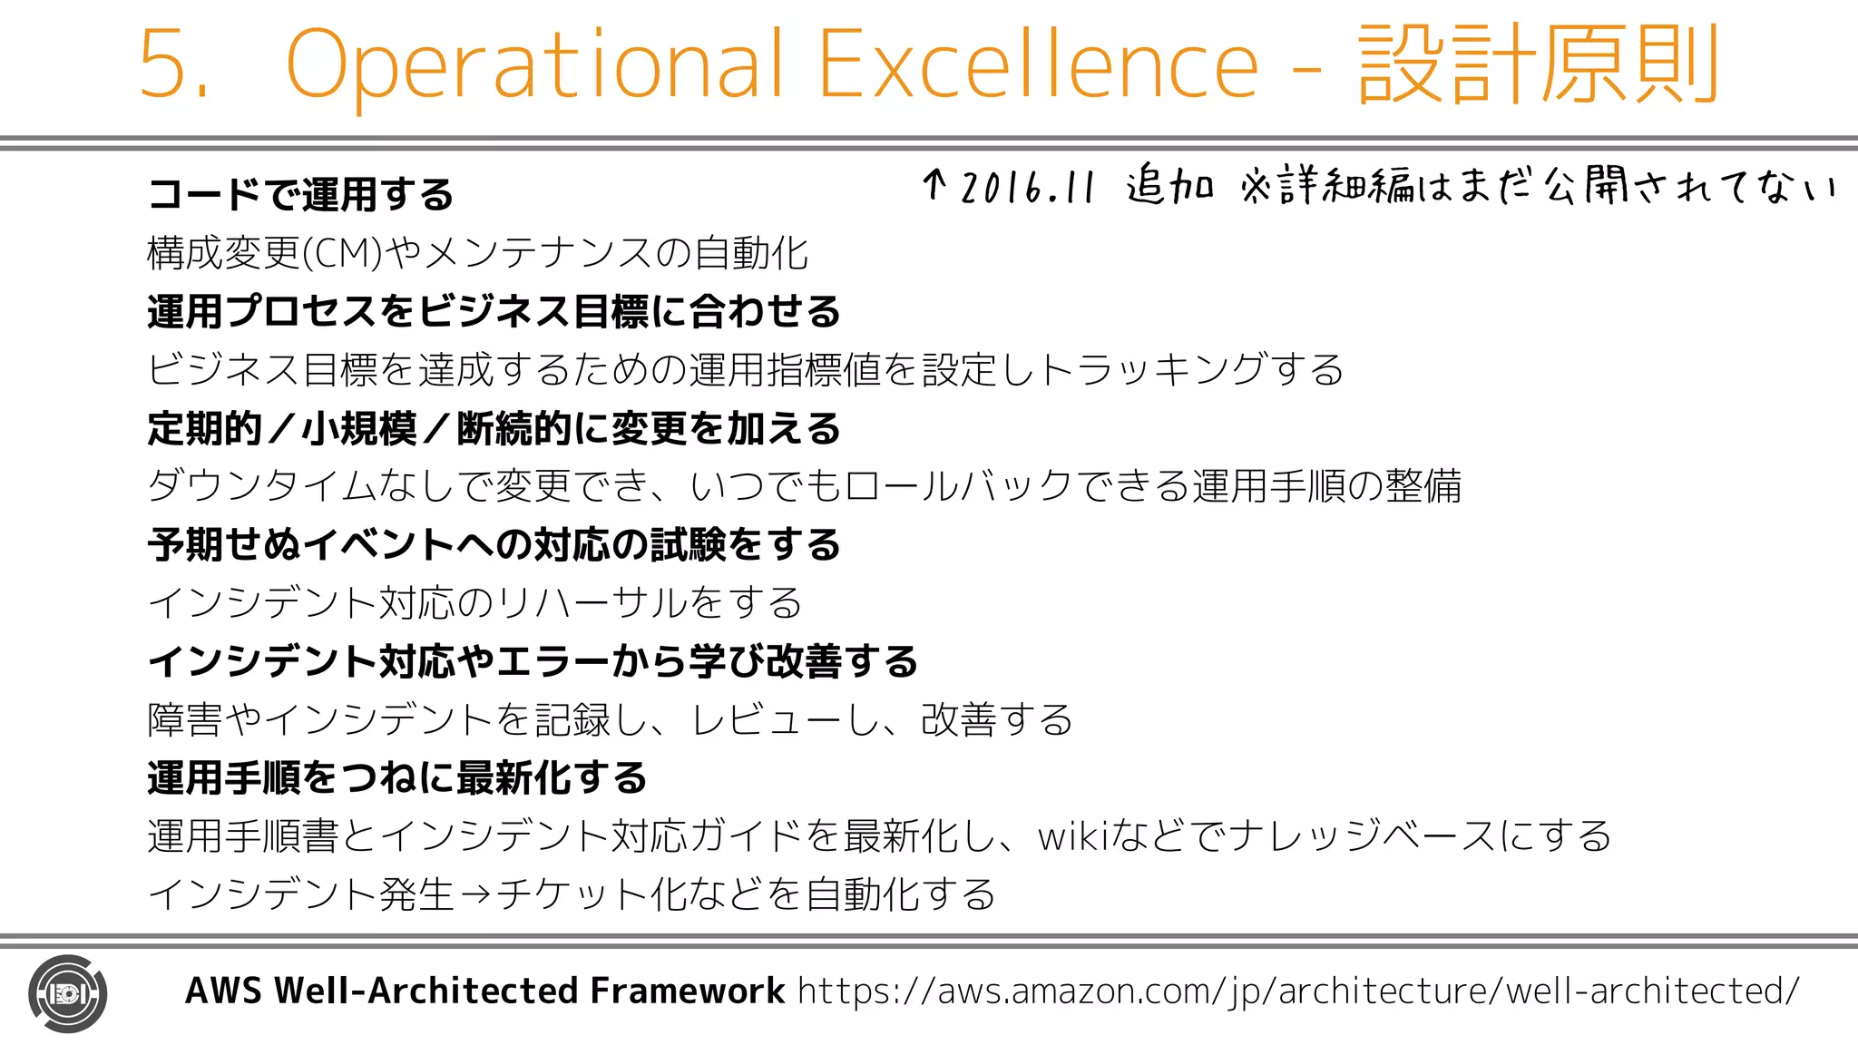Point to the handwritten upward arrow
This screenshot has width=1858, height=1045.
click(934, 185)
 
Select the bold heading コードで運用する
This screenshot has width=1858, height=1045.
click(300, 195)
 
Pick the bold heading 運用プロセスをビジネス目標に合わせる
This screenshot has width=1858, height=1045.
click(494, 312)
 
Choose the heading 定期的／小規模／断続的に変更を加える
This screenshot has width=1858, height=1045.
click(494, 429)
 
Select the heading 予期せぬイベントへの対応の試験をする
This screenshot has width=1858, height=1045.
click(494, 545)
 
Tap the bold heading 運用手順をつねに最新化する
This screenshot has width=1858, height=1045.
click(397, 778)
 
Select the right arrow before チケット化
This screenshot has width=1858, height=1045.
click(475, 895)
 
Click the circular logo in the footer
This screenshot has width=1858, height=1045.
click(68, 993)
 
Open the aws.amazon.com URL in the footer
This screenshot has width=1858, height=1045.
click(1297, 991)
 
